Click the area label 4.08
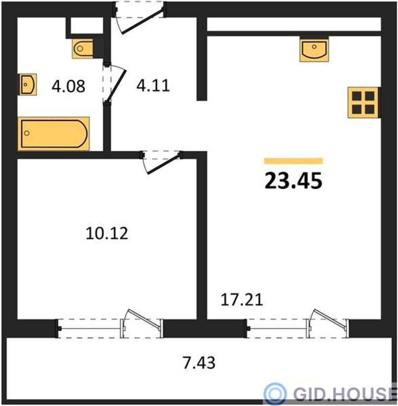click(68, 86)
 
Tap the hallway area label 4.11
click(153, 85)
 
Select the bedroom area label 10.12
click(107, 233)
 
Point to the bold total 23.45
click(293, 181)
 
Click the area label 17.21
click(242, 300)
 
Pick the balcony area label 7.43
click(199, 362)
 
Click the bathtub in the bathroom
click(54, 134)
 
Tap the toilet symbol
click(83, 49)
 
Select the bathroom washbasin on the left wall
click(27, 85)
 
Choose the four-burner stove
click(363, 103)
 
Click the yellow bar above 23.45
click(293, 161)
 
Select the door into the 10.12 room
click(162, 164)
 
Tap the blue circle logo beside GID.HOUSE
click(275, 394)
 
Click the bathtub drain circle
click(27, 134)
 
